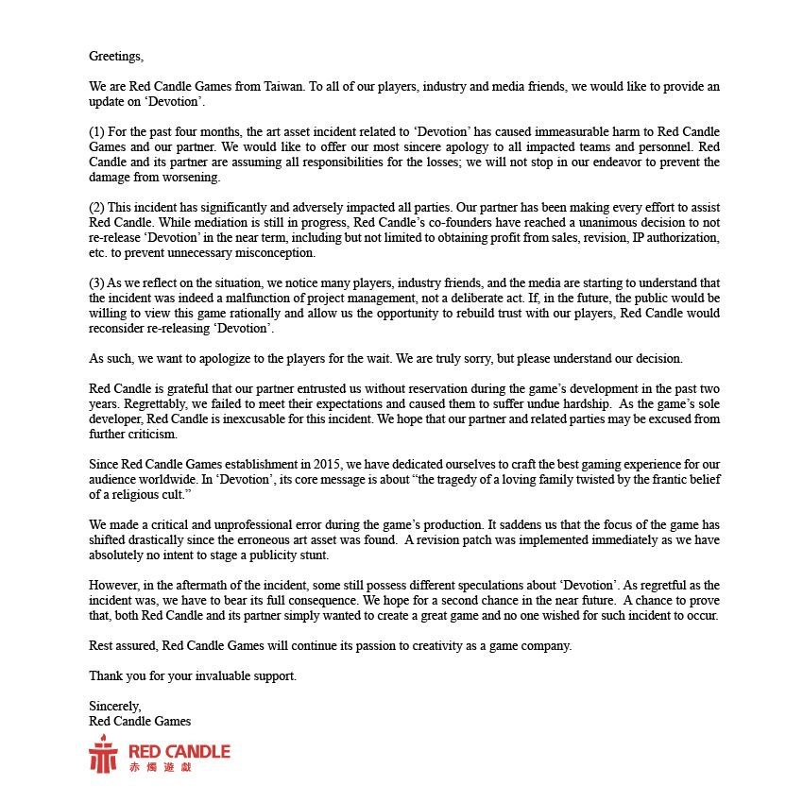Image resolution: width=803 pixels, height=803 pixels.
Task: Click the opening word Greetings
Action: click(x=116, y=57)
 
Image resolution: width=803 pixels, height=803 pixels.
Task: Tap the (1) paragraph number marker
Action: click(x=97, y=130)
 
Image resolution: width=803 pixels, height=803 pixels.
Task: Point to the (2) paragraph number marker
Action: click(x=97, y=207)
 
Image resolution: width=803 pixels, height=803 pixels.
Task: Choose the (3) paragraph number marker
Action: click(x=97, y=283)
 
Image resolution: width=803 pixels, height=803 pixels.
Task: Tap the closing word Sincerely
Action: click(x=115, y=707)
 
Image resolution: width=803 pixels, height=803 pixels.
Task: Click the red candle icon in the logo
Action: click(x=103, y=755)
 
